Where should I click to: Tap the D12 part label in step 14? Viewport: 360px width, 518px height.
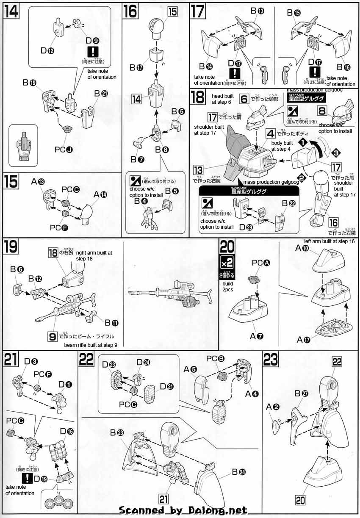[x=47, y=50]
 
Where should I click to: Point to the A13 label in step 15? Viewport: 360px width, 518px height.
[x=38, y=181]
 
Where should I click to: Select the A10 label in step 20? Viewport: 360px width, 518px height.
[x=302, y=249]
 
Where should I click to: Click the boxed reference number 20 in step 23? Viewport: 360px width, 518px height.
[x=301, y=500]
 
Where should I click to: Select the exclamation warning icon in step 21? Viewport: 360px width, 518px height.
[x=28, y=478]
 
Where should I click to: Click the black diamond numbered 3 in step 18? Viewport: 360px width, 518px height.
[x=335, y=152]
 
